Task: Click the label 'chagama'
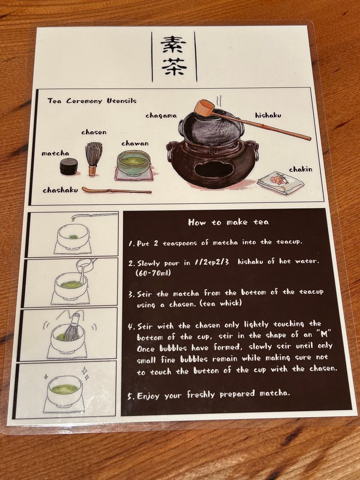point(160,116)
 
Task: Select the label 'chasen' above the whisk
point(94,132)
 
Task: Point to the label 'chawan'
point(135,143)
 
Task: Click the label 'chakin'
point(301,169)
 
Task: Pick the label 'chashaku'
point(60,190)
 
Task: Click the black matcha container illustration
point(69,166)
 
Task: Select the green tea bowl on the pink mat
point(134,163)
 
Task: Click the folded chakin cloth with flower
point(279,182)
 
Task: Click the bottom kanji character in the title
point(173,69)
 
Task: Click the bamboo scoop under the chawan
point(116,190)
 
